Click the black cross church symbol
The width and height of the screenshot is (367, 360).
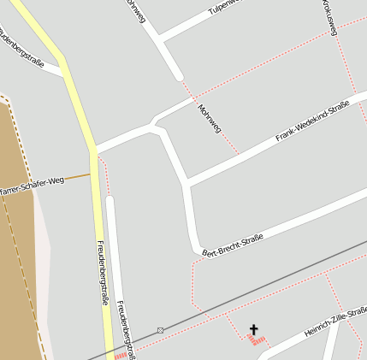[x=253, y=328]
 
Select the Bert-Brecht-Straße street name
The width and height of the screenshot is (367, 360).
[x=233, y=244]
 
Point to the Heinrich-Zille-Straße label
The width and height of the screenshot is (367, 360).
[x=335, y=321]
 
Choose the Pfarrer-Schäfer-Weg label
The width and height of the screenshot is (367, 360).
[x=33, y=185]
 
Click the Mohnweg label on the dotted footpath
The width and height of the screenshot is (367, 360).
[x=209, y=120]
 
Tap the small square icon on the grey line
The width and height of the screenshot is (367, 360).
[x=160, y=329]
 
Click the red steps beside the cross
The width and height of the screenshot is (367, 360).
[x=255, y=339]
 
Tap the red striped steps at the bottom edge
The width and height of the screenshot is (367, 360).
[x=121, y=356]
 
